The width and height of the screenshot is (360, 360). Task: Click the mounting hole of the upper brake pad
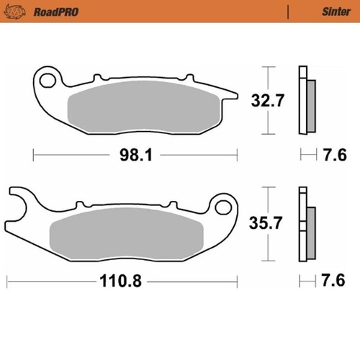coord(49,77)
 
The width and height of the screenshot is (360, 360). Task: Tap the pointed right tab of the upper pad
coord(229,94)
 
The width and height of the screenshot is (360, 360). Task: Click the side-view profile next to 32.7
coord(305,101)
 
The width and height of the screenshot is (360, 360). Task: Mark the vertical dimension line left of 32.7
coord(268,101)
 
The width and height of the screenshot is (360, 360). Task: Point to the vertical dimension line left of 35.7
coord(268,223)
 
